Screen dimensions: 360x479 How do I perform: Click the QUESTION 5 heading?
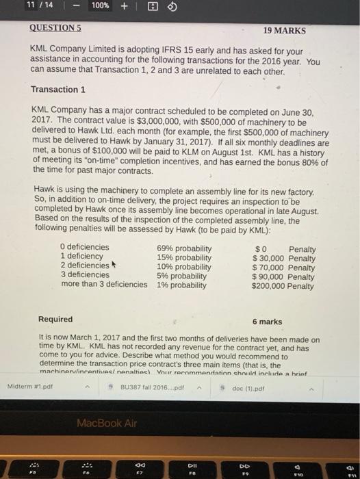point(55,30)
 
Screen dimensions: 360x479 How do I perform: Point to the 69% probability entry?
point(184,247)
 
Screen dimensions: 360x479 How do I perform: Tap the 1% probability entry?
point(181,285)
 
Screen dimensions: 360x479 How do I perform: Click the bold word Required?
point(55,320)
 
